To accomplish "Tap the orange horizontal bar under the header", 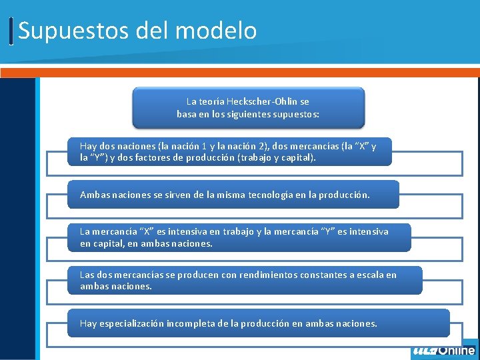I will (240, 72).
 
